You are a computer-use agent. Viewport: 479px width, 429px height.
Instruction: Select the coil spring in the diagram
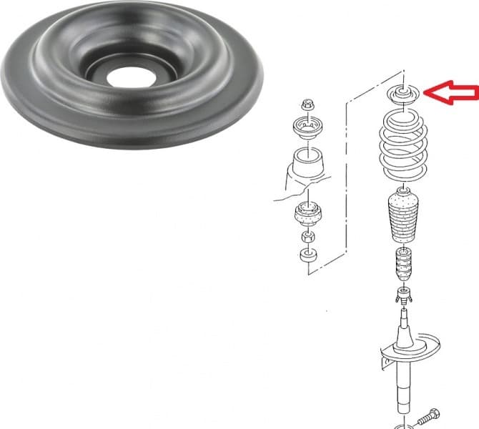tap(405, 150)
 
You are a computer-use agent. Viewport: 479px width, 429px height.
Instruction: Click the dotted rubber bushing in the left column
tap(308, 214)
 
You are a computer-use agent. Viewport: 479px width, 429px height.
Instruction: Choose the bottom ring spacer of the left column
tap(308, 255)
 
